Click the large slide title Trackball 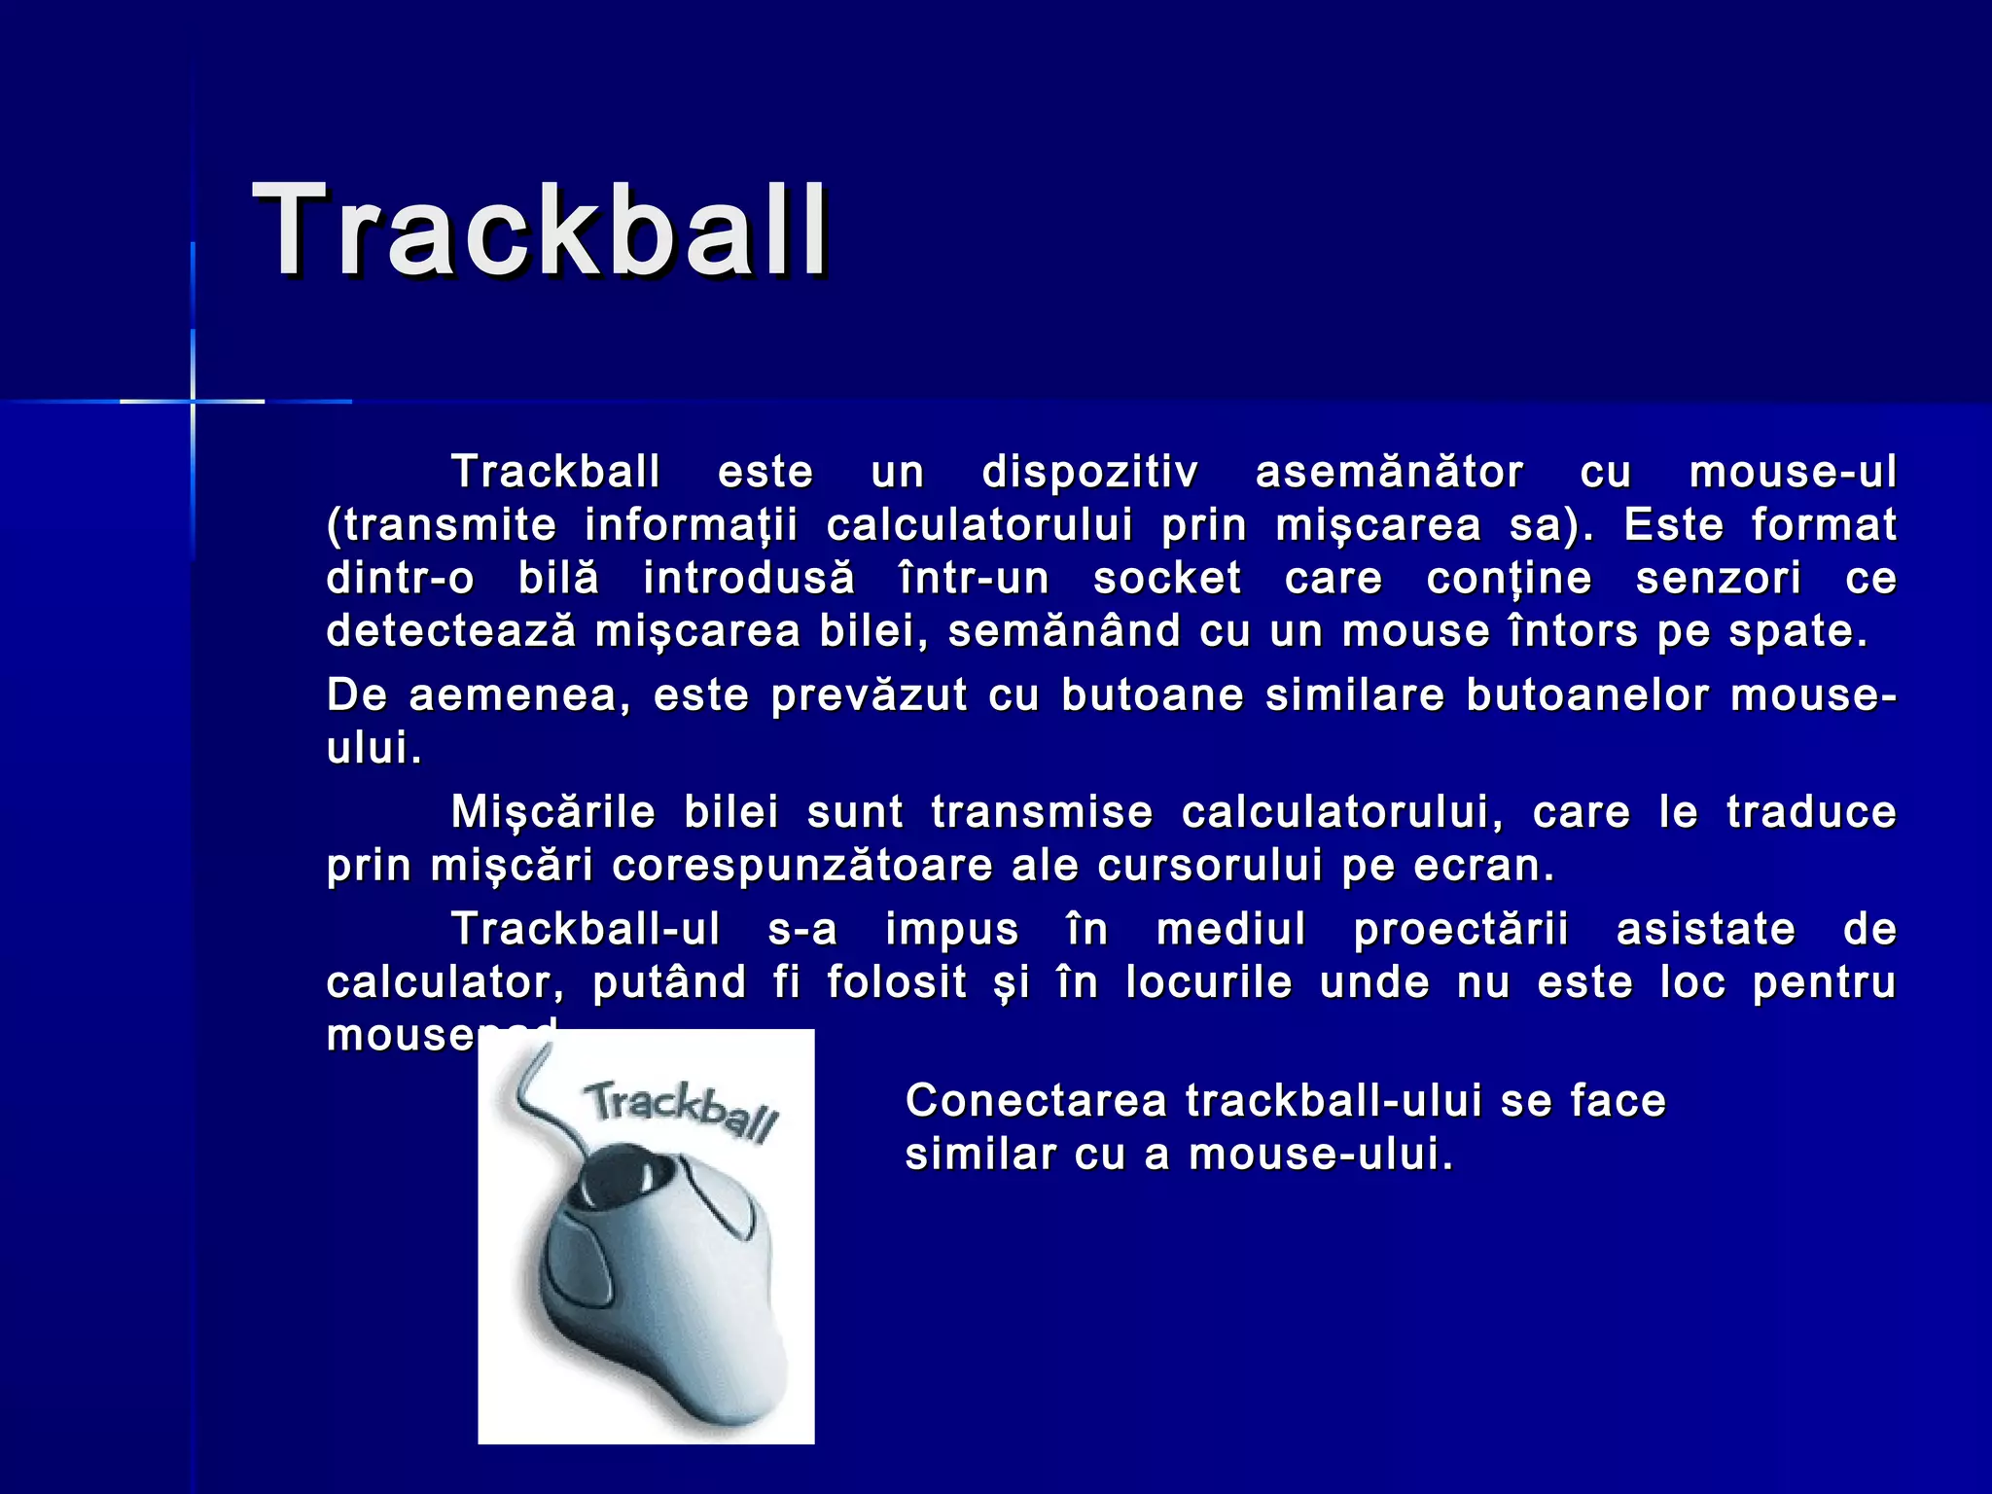tap(541, 231)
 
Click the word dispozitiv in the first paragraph tap(1089, 473)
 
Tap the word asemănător tap(1389, 473)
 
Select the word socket tap(1167, 579)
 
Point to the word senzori tap(1718, 579)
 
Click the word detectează tap(450, 631)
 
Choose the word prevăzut tap(869, 696)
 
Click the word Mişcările tap(553, 813)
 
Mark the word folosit tap(897, 982)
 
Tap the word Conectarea tap(1035, 1102)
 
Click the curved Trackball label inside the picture tap(681, 1110)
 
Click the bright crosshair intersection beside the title tap(193, 401)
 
